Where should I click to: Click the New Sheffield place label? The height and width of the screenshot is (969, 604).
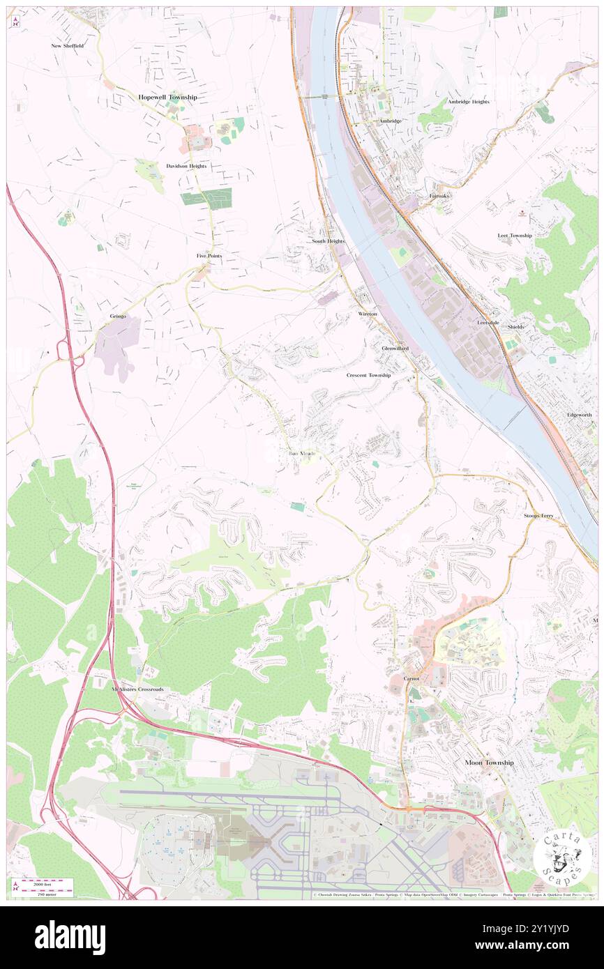coord(67,46)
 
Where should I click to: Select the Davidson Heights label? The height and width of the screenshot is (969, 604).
coord(186,167)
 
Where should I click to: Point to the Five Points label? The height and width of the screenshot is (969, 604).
coord(209,256)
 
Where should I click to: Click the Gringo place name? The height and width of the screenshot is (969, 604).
coord(118,316)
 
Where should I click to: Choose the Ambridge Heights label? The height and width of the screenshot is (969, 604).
coord(468,102)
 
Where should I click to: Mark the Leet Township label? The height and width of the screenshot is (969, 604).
coord(515,236)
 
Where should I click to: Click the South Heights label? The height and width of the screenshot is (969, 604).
coord(328,241)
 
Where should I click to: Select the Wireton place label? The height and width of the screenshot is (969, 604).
coord(368,314)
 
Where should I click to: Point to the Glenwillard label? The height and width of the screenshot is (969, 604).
coord(395,348)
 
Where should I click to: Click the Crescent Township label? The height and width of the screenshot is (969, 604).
coord(368,375)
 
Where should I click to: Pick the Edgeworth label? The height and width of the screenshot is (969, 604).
coord(579,415)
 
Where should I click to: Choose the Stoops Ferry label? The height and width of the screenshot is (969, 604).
coord(538,516)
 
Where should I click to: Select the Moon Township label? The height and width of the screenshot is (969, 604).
coord(489,763)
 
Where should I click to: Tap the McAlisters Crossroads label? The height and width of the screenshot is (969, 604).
coord(137,689)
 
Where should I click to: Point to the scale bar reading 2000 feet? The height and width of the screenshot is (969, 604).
coord(43,883)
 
